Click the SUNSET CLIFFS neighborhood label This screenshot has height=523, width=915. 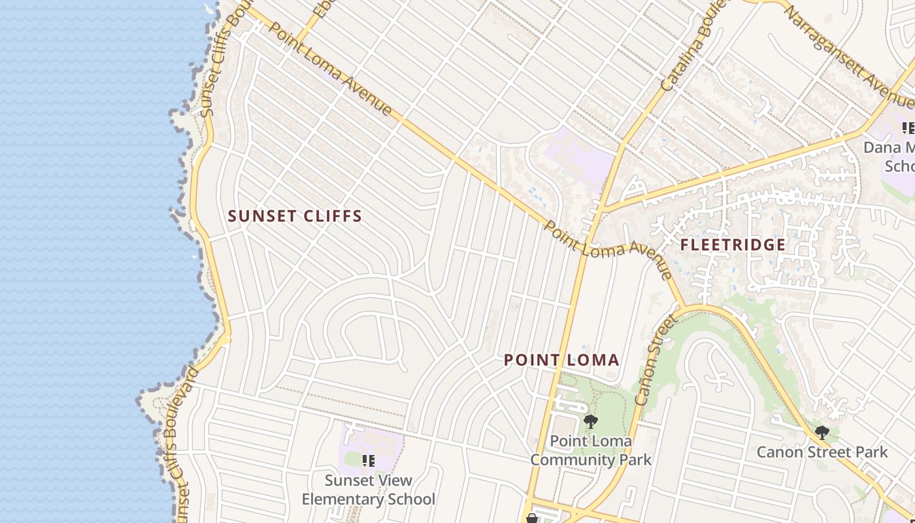295,216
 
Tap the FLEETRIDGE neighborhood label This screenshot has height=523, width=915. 733,245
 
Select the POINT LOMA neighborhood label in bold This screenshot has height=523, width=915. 561,360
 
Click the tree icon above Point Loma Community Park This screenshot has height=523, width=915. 590,422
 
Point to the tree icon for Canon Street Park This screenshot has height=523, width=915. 822,433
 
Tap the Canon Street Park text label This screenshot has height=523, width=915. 822,452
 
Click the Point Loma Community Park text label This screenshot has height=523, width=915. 590,450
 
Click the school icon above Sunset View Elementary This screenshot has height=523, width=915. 369,462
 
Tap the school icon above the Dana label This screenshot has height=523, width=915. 908,127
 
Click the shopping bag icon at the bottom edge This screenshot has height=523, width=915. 532,518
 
